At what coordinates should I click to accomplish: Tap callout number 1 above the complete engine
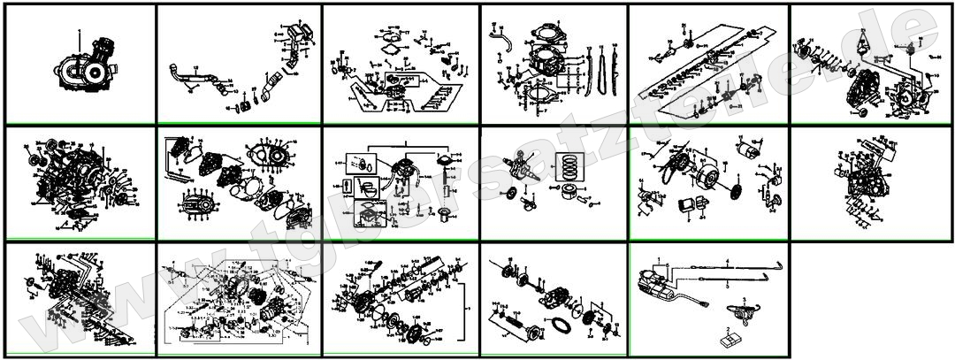[x=79, y=31]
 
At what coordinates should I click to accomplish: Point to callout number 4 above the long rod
[x=727, y=260]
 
